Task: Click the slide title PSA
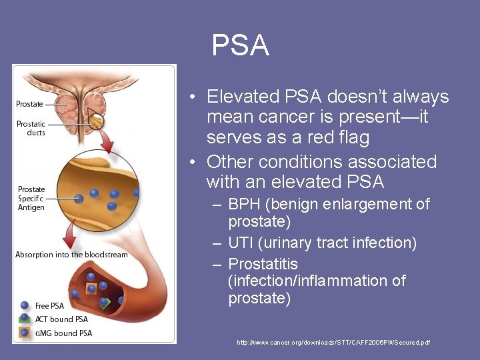[240, 45]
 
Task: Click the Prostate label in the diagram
[29, 104]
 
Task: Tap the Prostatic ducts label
[31, 128]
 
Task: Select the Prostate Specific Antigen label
[31, 198]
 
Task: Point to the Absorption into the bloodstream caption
[71, 255]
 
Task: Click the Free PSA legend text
[49, 306]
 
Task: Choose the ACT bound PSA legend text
[61, 319]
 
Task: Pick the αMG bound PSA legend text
[63, 333]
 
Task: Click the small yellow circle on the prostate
[97, 121]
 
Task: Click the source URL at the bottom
[333, 342]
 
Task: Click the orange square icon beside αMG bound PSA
[25, 333]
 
